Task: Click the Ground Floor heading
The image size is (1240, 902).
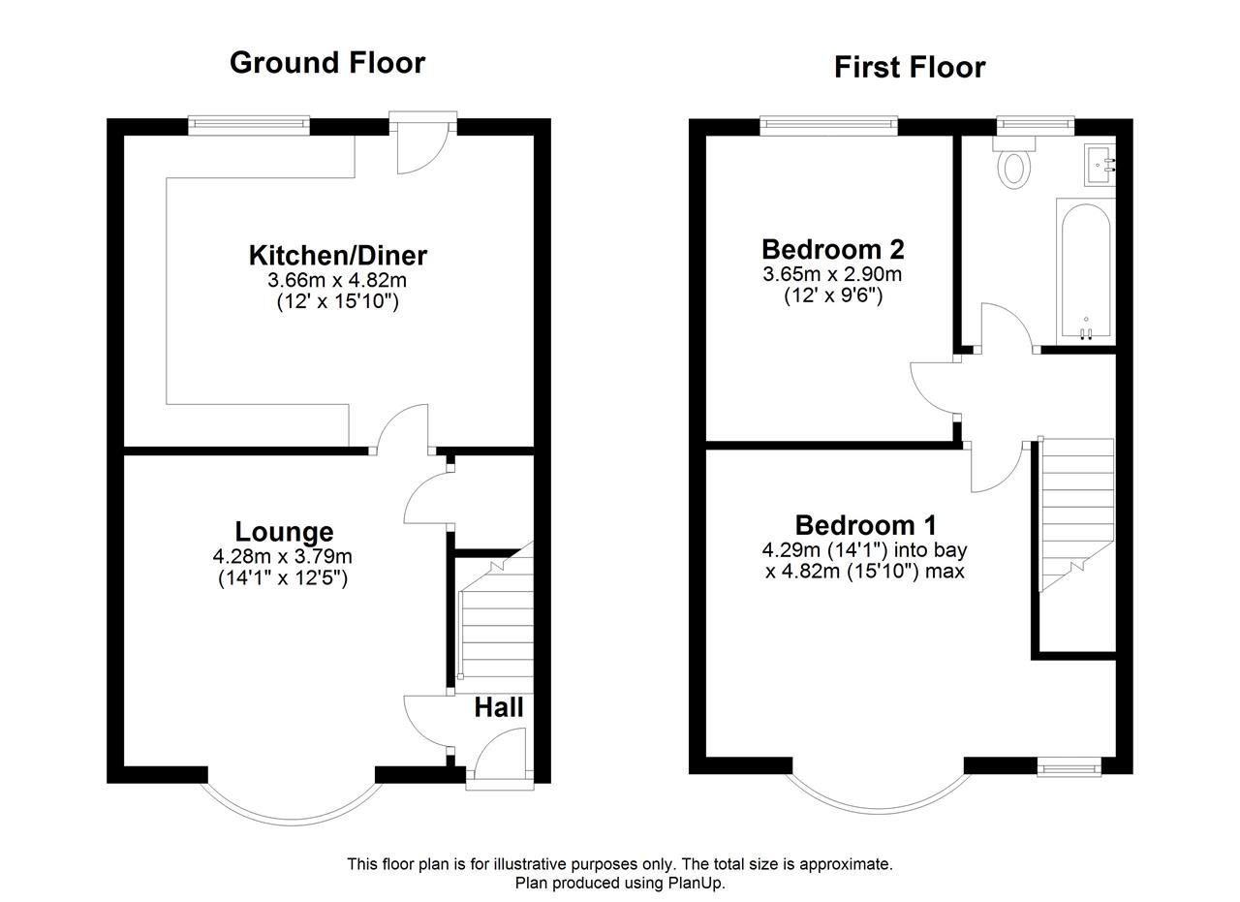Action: click(x=327, y=63)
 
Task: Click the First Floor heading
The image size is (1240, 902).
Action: click(x=910, y=68)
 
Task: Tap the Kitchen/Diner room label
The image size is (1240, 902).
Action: click(x=338, y=255)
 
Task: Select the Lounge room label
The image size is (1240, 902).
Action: click(x=284, y=532)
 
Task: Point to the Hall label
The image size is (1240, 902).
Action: click(x=499, y=707)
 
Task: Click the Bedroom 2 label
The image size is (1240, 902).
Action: click(x=833, y=249)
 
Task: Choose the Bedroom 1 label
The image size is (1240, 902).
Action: click(x=866, y=525)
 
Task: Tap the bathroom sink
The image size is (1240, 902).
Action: click(x=1100, y=165)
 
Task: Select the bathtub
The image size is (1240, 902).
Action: click(x=1086, y=271)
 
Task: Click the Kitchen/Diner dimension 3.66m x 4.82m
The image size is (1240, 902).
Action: click(x=337, y=280)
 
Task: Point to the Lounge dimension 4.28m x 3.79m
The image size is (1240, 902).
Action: click(x=282, y=556)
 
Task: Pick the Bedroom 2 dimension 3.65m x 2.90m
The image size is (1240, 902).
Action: click(x=832, y=274)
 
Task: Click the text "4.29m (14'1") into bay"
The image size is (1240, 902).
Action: click(x=864, y=550)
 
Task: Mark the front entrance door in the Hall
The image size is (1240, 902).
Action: click(x=500, y=759)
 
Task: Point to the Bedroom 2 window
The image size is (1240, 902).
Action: click(x=828, y=125)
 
